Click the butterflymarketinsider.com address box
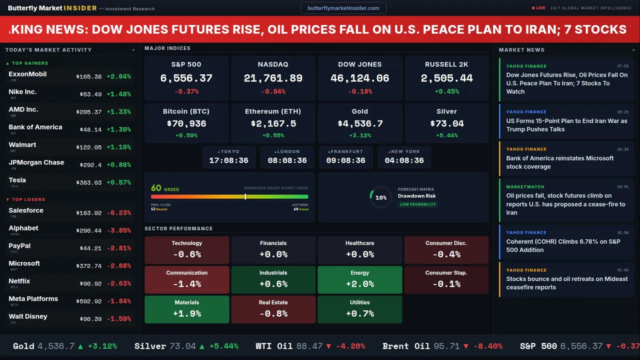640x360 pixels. pyautogui.click(x=343, y=8)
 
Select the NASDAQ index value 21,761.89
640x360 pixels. pyautogui.click(x=273, y=78)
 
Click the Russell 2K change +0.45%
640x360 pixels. pyautogui.click(x=446, y=91)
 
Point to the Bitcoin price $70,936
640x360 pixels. pyautogui.click(x=186, y=123)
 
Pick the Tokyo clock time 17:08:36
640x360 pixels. pyautogui.click(x=228, y=160)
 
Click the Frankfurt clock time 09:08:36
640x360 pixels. pyautogui.click(x=345, y=160)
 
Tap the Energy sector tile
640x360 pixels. pyautogui.click(x=359, y=279)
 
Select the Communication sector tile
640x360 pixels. pyautogui.click(x=186, y=279)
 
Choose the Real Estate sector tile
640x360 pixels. pyautogui.click(x=273, y=309)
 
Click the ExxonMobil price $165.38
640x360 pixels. pyautogui.click(x=88, y=76)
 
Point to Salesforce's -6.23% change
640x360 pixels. pyautogui.click(x=118, y=212)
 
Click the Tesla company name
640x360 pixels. pyautogui.click(x=17, y=180)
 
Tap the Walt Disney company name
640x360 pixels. pyautogui.click(x=28, y=316)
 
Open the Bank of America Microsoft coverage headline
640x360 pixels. pyautogui.click(x=560, y=162)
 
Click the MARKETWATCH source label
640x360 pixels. pyautogui.click(x=525, y=187)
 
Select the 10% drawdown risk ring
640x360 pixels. pyautogui.click(x=380, y=197)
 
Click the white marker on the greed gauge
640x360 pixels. pyautogui.click(x=245, y=196)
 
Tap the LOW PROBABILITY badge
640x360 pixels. pyautogui.click(x=417, y=204)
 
